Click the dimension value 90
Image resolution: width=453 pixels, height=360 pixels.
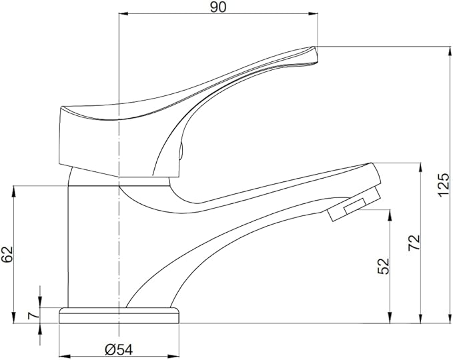pyautogui.click(x=217, y=7)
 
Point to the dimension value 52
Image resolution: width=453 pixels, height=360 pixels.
pyautogui.click(x=383, y=266)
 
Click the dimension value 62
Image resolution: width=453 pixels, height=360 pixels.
pyautogui.click(x=7, y=254)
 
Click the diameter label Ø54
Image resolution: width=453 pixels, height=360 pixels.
pyautogui.click(x=119, y=349)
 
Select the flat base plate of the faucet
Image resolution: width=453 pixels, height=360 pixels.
pyautogui.click(x=120, y=315)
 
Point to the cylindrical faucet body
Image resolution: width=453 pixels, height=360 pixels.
pyautogui.click(x=93, y=240)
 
